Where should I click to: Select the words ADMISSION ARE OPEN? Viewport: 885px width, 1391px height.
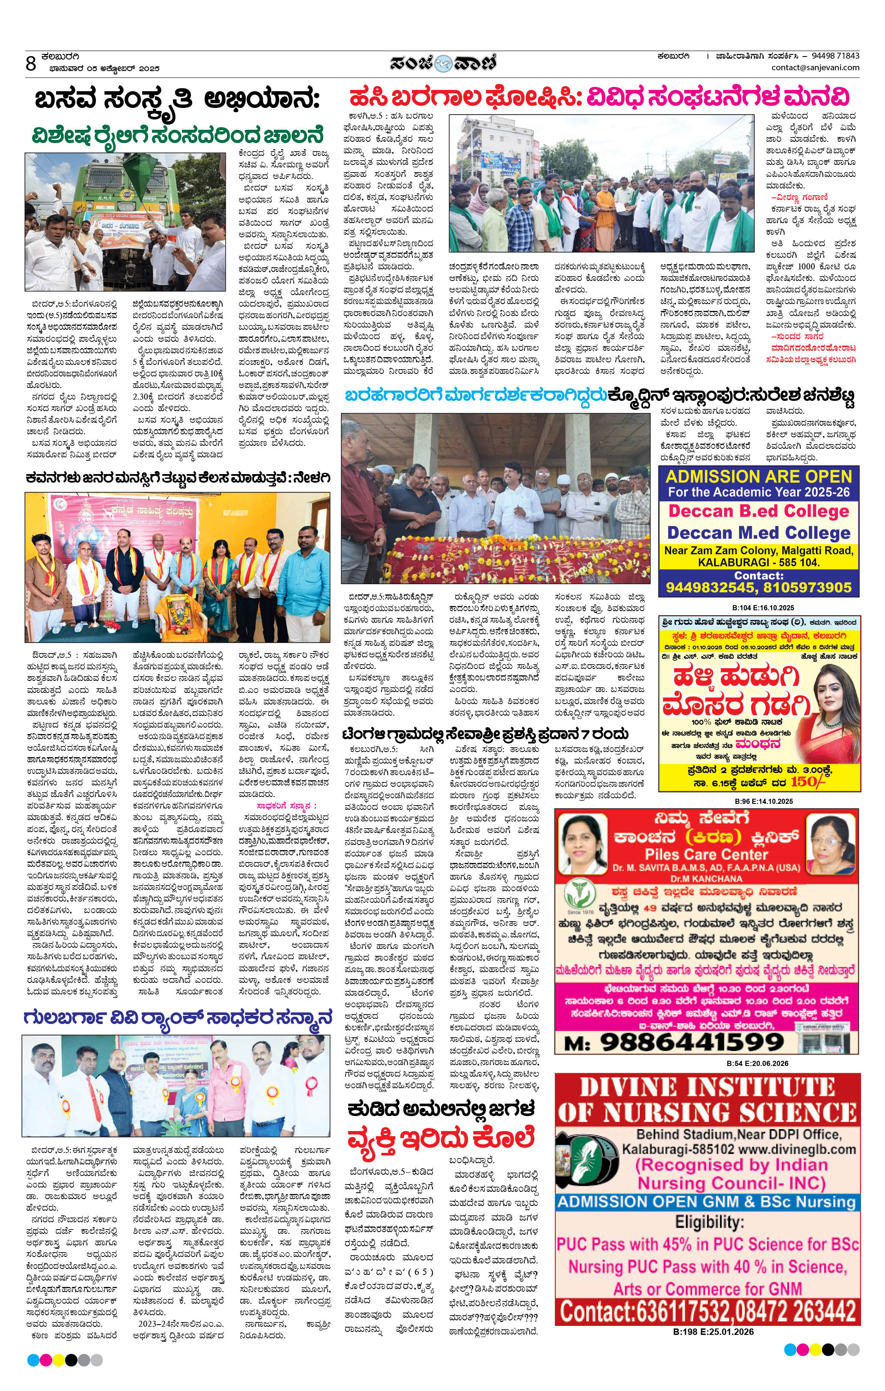(x=759, y=477)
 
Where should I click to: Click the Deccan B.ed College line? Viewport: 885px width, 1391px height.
(x=759, y=511)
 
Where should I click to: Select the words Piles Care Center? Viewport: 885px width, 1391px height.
(x=706, y=854)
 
